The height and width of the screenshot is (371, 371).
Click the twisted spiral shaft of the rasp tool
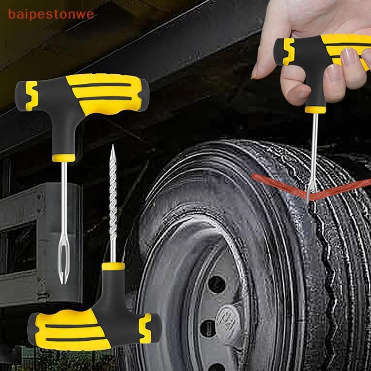[112, 204]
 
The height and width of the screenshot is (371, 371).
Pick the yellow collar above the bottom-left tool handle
[114, 266]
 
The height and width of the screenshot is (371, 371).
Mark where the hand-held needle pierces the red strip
[308, 195]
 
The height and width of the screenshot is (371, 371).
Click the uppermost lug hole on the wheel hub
[216, 283]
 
